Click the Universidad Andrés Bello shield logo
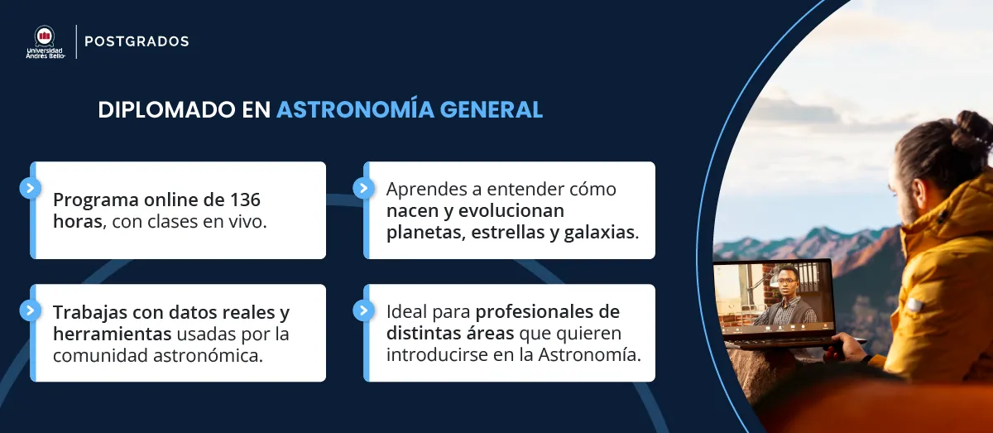[44, 36]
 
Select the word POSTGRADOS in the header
[137, 41]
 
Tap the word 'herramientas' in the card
[113, 334]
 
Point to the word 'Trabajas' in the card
[89, 313]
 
